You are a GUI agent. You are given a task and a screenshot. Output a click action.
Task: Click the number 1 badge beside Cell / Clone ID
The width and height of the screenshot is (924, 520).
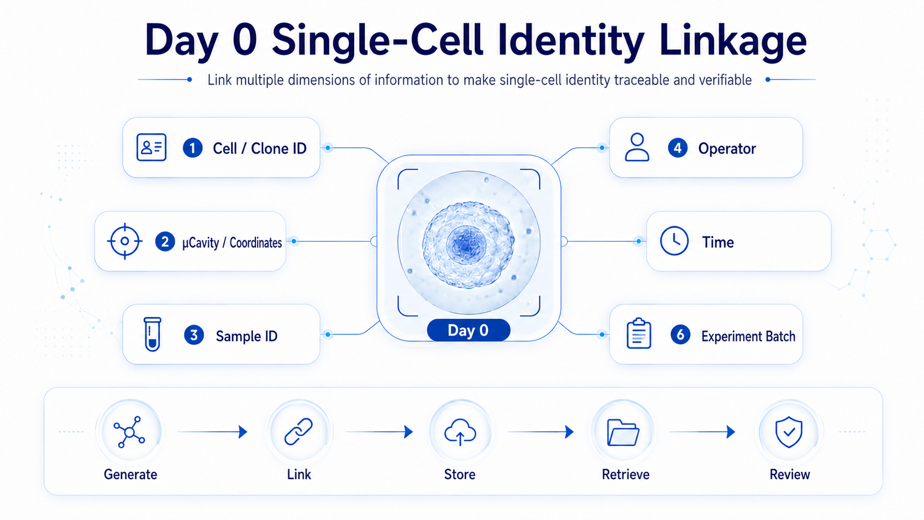[193, 148]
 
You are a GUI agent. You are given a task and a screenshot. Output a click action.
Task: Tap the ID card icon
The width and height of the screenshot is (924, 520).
[151, 147]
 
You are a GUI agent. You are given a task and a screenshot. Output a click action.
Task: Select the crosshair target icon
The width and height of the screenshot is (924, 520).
[124, 241]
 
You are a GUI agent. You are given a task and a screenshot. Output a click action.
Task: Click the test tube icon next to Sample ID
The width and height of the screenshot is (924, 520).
[152, 334]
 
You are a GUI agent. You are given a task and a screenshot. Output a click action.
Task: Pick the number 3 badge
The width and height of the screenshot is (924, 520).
[194, 335]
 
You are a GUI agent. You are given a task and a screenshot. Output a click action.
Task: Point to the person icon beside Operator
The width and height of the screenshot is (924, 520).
[637, 147]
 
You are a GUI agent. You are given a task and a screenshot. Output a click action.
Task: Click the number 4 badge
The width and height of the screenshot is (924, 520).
[678, 148]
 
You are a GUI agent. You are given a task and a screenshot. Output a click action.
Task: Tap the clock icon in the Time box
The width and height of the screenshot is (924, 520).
[674, 240]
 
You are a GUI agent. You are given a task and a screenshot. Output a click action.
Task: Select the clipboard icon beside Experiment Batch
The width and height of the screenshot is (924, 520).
[638, 333]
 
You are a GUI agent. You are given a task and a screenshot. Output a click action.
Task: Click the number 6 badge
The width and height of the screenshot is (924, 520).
[681, 334]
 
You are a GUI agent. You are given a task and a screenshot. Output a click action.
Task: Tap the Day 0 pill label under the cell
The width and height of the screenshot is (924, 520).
[469, 330]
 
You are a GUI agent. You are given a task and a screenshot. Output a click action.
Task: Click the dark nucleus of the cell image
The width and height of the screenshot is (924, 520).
[466, 245]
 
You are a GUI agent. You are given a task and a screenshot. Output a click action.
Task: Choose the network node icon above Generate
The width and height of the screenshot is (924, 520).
[129, 432]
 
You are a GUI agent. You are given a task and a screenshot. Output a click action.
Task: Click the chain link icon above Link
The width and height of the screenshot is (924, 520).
[298, 432]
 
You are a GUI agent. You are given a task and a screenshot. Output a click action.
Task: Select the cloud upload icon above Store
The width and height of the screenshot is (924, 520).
[460, 432]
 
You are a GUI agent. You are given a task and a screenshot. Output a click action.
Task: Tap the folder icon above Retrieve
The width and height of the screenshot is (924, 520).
[623, 432]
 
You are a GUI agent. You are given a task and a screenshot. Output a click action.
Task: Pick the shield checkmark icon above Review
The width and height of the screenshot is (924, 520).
[789, 432]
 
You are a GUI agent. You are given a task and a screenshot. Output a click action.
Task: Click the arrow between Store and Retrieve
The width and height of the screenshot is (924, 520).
[541, 432]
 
